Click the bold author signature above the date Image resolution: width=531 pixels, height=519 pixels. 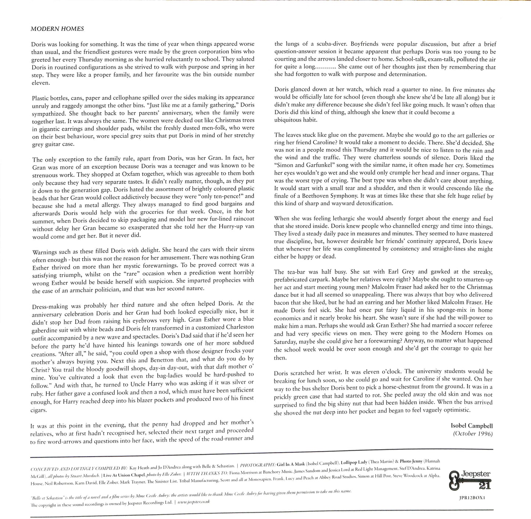471,426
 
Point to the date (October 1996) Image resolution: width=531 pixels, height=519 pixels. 473,433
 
